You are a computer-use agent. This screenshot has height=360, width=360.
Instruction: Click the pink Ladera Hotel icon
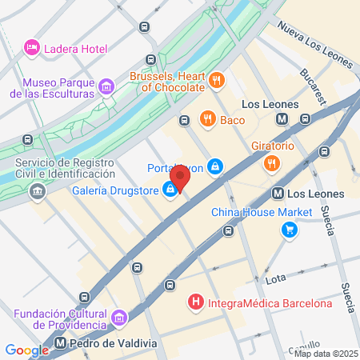point(32,48)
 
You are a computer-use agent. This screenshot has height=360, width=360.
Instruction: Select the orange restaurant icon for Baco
point(207,120)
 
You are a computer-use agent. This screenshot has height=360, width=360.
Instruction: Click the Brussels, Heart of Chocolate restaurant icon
point(216,80)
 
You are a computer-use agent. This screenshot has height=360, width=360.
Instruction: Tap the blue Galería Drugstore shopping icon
point(170,190)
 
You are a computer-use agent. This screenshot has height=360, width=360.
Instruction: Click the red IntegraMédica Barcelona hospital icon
point(195,303)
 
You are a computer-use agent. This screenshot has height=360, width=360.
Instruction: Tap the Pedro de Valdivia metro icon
point(62,344)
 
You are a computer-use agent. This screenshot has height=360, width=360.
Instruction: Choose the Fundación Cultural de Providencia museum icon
point(119,319)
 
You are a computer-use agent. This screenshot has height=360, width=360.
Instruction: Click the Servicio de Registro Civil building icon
point(37,192)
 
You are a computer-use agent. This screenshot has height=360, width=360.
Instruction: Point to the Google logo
point(26,350)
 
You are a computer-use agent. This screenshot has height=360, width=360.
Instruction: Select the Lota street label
point(275,280)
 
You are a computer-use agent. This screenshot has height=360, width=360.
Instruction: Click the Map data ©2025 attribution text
point(326,354)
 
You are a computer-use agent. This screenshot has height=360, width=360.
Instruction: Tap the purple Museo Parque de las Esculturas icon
point(106,86)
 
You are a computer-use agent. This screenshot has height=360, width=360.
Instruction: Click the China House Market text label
point(260,213)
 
